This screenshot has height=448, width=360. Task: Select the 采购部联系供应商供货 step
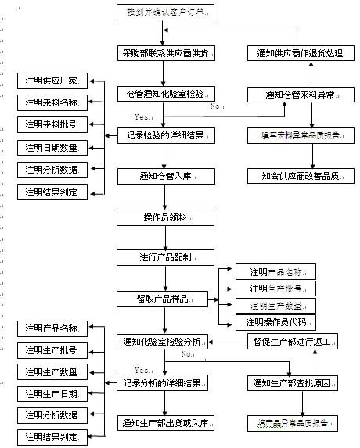click(x=165, y=53)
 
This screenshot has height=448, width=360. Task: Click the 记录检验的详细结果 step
click(x=165, y=134)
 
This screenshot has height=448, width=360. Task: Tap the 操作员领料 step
click(x=165, y=216)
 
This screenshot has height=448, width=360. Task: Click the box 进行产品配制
click(x=165, y=256)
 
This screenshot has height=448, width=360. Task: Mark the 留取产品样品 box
click(x=165, y=298)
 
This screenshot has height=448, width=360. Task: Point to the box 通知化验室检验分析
click(x=165, y=341)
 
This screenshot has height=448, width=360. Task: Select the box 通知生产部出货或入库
click(x=165, y=423)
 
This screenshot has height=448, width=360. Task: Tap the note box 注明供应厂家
click(x=53, y=81)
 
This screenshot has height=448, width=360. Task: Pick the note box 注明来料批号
click(x=53, y=124)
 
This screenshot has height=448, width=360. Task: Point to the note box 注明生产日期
click(x=53, y=392)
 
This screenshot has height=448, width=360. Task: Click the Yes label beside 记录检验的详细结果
click(x=142, y=116)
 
